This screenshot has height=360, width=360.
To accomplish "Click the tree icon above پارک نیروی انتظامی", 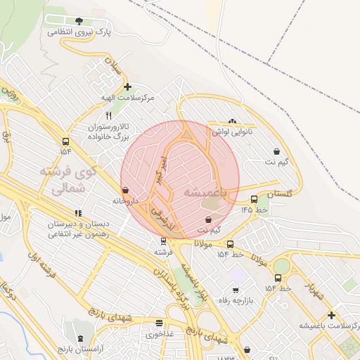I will click(78, 20).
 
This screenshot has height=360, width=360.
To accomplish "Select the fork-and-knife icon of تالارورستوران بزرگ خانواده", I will click(108, 115).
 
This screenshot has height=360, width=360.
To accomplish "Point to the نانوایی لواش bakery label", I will click(237, 131).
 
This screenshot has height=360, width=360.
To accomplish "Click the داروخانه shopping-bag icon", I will click(125, 190).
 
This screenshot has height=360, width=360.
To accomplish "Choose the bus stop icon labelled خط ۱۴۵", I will click(254, 199).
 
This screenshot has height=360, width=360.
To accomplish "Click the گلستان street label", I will click(279, 192).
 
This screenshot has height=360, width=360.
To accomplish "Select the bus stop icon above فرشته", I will click(163, 241).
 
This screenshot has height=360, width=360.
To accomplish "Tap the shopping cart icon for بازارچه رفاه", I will click(235, 290).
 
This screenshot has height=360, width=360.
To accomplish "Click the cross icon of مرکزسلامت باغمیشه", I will click(331, 315).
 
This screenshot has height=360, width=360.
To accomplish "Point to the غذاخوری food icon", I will click(159, 323).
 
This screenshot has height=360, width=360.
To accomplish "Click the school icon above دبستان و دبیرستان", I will click(78, 213).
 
